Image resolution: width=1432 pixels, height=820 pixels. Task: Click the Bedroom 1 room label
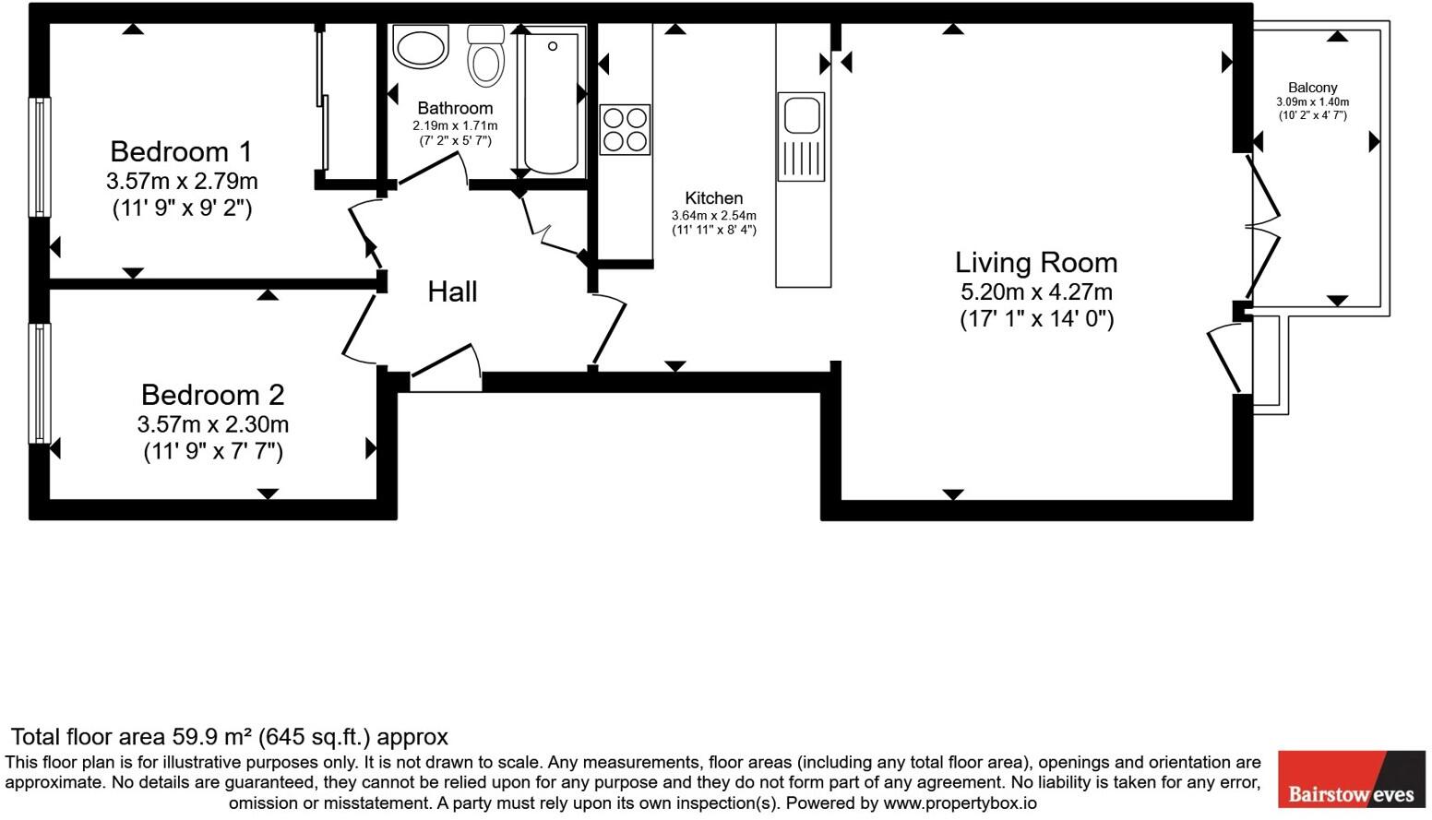(181, 151)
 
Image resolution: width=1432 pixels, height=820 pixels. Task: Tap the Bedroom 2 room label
(212, 395)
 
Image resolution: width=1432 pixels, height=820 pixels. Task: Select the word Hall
(452, 292)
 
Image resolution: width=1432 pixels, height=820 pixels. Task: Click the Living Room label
(1036, 263)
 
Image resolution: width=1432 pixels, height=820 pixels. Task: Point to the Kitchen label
(713, 198)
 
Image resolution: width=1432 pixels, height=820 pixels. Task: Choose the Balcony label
(1312, 88)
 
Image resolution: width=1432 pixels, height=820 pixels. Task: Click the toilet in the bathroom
(486, 57)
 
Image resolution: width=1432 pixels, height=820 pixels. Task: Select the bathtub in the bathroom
(551, 100)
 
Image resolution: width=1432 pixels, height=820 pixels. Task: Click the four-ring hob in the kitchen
(625, 129)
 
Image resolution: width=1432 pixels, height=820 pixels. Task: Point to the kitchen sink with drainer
(801, 137)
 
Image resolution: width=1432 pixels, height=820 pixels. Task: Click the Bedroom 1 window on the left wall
(40, 157)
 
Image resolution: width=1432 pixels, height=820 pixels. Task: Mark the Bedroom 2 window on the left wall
(40, 383)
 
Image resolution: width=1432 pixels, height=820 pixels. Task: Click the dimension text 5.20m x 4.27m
(1036, 292)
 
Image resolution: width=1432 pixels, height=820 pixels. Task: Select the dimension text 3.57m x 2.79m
(182, 181)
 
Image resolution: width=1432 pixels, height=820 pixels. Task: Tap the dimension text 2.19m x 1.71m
(455, 125)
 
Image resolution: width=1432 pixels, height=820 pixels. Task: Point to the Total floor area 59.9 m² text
(229, 737)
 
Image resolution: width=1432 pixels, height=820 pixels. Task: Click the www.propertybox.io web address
(960, 803)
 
